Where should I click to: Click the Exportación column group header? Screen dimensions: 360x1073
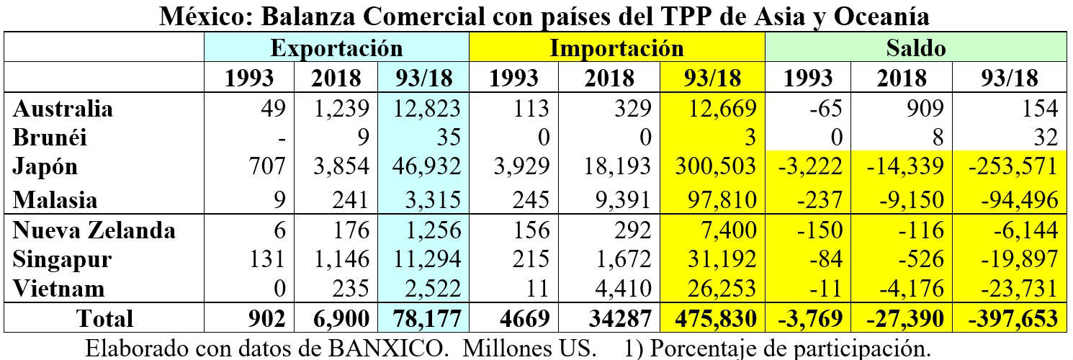[x=336, y=48]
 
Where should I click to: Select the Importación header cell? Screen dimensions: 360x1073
[x=616, y=48]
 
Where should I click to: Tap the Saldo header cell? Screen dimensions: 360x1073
[x=915, y=48]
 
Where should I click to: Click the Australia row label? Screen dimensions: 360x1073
[x=63, y=109]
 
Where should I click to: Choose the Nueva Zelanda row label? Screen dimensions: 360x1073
[x=94, y=230]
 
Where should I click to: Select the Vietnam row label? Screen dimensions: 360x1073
[x=59, y=289]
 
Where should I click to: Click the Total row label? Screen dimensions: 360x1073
[x=104, y=318]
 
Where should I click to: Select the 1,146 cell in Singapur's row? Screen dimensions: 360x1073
[x=342, y=259]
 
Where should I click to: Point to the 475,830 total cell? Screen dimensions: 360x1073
[x=717, y=318]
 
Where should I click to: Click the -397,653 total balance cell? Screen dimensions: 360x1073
[x=1013, y=318]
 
